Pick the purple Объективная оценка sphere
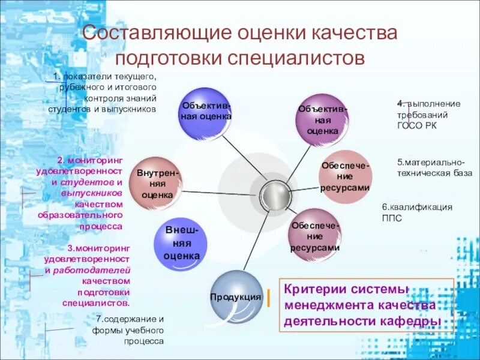click(x=322, y=119)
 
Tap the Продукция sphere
click(x=236, y=296)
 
